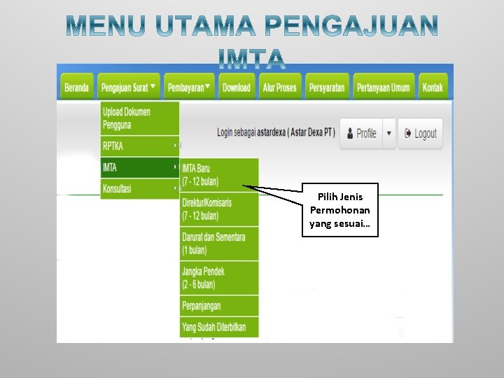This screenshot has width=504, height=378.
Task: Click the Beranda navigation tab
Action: [x=76, y=88]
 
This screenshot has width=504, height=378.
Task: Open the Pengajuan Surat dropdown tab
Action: [x=129, y=88]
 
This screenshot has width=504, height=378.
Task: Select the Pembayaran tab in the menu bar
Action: [x=189, y=88]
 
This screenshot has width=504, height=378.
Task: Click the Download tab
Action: [x=236, y=88]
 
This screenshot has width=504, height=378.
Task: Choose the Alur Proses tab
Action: [x=279, y=88]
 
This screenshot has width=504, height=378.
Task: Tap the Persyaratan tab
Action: [x=326, y=88]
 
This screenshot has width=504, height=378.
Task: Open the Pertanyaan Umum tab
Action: [x=384, y=88]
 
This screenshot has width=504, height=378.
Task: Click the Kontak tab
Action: [x=433, y=88]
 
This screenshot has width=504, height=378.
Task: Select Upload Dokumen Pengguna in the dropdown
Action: [x=139, y=118]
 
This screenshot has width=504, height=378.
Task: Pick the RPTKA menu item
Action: [x=139, y=146]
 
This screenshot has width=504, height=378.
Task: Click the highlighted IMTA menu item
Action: [x=139, y=168]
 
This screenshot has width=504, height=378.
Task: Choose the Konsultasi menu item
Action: [x=139, y=189]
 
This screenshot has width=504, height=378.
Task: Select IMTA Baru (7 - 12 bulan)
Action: [x=218, y=175]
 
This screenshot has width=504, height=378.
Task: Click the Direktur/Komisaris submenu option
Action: [x=218, y=209]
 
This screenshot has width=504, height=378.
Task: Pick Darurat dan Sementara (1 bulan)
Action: [x=218, y=244]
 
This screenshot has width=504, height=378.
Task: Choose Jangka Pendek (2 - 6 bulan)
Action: [x=218, y=278]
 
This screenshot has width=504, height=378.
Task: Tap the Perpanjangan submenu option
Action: [x=218, y=306]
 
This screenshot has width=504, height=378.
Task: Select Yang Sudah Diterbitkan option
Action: [x=218, y=327]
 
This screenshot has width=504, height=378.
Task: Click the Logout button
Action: [x=420, y=134]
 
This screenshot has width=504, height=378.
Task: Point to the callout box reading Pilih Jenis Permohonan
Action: [x=340, y=210]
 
